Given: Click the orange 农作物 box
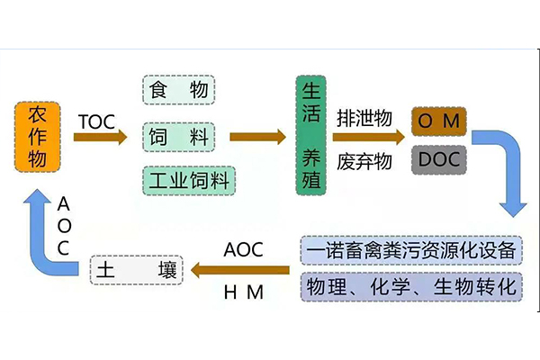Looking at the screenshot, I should pyautogui.click(x=38, y=137).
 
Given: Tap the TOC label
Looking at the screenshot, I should pyautogui.click(x=96, y=120).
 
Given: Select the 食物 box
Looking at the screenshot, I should pyautogui.click(x=179, y=90).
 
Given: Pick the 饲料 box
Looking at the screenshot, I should pyautogui.click(x=179, y=137).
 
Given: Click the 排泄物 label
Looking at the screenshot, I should pyautogui.click(x=364, y=117).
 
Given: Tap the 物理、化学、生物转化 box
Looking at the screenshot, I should pyautogui.click(x=411, y=288).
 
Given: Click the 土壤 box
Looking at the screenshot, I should pyautogui.click(x=135, y=271).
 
